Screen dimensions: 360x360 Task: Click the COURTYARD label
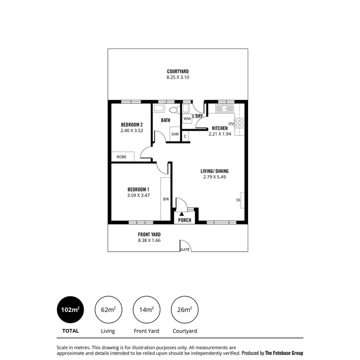pos(178,72)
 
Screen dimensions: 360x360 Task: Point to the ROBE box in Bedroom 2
pos(121,157)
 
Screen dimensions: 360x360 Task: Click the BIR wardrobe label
pos(166,199)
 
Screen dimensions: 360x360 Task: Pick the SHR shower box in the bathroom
pos(175,134)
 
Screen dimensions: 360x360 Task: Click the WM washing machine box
pos(187,119)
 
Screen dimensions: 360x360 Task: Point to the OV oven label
pos(231,124)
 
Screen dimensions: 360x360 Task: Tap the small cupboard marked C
pos(185,136)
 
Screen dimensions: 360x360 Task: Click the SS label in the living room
pos(238,200)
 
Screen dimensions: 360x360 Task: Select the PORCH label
pos(185,220)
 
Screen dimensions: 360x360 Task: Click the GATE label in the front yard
pos(185,250)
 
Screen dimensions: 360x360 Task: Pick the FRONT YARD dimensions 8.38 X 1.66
pos(149,240)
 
